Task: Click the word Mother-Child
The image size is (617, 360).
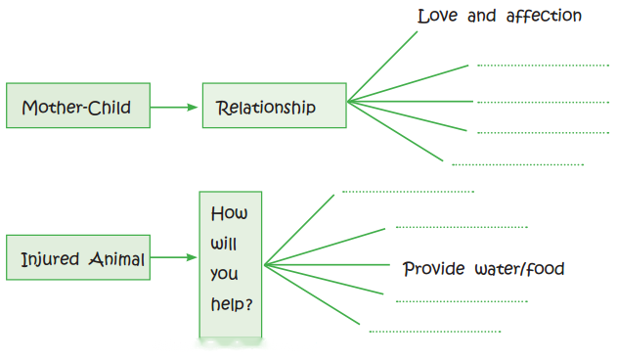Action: tap(76, 108)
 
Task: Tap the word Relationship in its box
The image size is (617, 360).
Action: tap(266, 108)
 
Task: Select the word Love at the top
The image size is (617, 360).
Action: tap(437, 17)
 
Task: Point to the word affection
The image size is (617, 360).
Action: tap(544, 16)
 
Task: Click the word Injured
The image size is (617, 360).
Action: tap(50, 260)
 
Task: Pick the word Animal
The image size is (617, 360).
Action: tap(117, 259)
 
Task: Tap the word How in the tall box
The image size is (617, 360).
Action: tap(229, 213)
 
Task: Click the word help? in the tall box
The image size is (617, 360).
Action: tap(232, 304)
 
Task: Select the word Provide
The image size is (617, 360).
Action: tap(433, 269)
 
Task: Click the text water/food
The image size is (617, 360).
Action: tap(519, 269)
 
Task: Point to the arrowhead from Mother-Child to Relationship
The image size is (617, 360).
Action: tap(193, 108)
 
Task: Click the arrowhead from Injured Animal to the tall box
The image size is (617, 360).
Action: tap(192, 257)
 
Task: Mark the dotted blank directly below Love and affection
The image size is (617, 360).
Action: tap(543, 66)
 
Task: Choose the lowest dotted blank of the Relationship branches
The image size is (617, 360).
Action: tap(518, 164)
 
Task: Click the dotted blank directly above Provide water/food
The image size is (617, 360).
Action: tap(462, 227)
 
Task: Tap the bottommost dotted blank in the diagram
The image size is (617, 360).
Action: tap(435, 332)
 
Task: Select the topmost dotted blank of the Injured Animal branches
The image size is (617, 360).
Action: tap(408, 192)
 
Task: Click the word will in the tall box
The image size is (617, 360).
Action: tap(224, 244)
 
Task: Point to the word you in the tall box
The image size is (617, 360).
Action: tap(224, 274)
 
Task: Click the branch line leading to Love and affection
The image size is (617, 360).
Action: tap(382, 67)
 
